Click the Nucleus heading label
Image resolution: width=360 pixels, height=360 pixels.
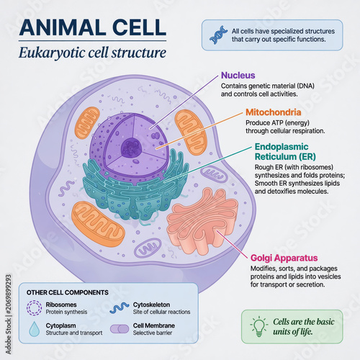(238, 76)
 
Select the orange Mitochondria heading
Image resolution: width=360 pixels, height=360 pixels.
(274, 112)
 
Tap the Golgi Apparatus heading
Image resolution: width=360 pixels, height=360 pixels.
(284, 258)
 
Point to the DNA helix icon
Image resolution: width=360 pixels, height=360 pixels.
(218, 35)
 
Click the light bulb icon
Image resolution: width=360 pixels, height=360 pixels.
(258, 326)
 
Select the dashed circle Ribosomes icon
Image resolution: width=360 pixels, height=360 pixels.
(34, 307)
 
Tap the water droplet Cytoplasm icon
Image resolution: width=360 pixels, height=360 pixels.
(35, 329)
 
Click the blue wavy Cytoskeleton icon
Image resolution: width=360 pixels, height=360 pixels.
(120, 308)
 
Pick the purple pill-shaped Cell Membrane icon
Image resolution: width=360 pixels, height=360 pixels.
(120, 329)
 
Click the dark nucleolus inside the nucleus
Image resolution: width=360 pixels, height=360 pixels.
(131, 147)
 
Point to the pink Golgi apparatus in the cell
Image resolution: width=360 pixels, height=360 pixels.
(202, 222)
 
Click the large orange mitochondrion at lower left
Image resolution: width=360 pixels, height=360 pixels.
(98, 224)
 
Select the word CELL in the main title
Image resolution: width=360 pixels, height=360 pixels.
(139, 27)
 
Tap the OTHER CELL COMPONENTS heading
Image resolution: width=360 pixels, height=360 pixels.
(68, 292)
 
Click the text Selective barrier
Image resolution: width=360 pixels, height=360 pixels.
(153, 333)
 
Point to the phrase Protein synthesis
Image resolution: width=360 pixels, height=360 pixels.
(66, 312)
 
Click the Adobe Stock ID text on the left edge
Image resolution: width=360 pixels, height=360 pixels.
(9, 314)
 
